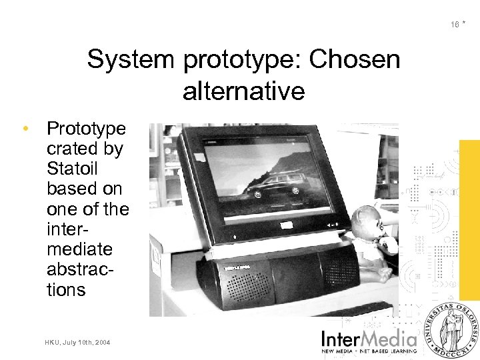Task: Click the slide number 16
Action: [x=455, y=25]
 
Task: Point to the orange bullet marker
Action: [x=25, y=128]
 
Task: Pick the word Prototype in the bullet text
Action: [x=86, y=128]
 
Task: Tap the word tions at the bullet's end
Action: [x=66, y=290]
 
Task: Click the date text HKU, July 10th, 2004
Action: [x=79, y=342]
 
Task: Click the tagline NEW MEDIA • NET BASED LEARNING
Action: [x=369, y=350]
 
